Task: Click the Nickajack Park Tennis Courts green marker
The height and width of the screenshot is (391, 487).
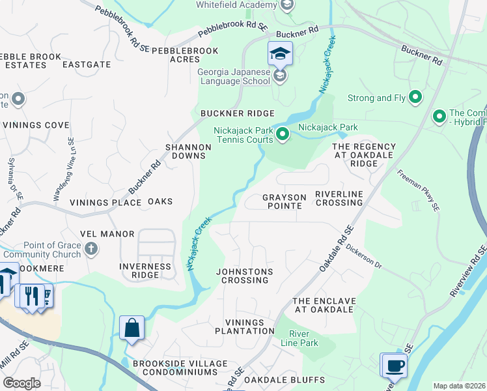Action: point(283,135)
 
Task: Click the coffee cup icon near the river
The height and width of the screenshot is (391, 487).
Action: point(394,366)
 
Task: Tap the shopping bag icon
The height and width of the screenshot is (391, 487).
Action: point(132,328)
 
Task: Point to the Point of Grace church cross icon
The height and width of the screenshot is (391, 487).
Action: point(92,248)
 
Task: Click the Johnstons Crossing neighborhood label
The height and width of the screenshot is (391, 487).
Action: point(245,276)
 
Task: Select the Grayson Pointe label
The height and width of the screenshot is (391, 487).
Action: point(283,201)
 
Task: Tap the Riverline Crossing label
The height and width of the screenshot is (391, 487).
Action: point(339,198)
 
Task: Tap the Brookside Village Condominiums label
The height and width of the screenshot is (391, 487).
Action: point(174,368)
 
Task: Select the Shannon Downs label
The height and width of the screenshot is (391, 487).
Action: point(188,151)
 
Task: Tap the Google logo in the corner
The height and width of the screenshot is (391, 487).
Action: point(22,383)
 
